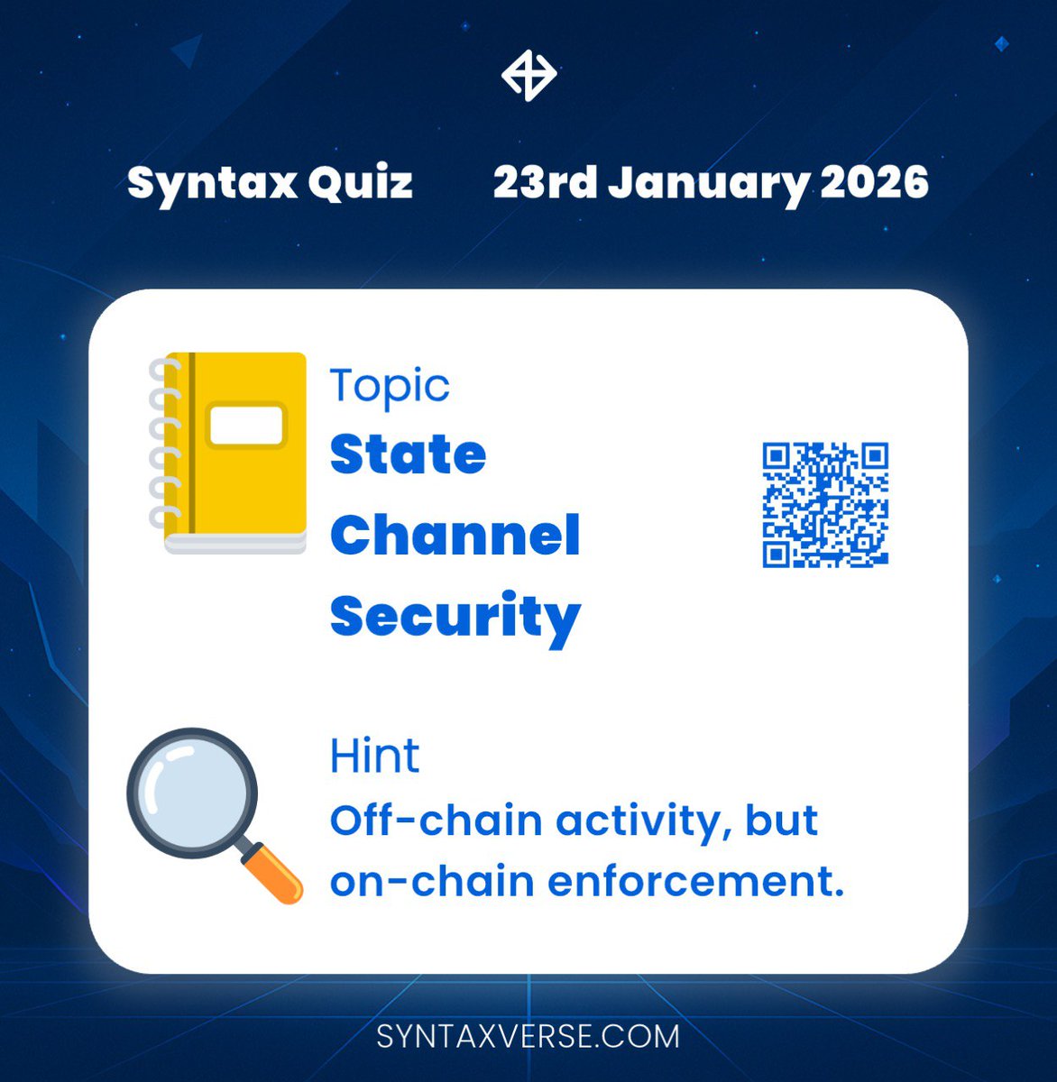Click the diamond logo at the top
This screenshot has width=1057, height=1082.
point(528,74)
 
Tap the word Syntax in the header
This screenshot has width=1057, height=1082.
point(211,183)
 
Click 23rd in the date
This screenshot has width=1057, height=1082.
point(544,183)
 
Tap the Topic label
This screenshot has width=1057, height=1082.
point(390,387)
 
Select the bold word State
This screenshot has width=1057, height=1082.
point(408,454)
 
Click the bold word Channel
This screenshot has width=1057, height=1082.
point(455,536)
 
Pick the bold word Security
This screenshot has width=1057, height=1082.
point(455,618)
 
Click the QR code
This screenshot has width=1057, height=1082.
point(825,505)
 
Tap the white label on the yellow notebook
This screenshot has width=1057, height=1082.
point(246,426)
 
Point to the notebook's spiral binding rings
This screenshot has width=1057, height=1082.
point(163,442)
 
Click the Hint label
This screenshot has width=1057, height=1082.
point(374,756)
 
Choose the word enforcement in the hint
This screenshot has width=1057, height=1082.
point(695,881)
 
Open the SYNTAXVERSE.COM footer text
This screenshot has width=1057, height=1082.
point(528,1036)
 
